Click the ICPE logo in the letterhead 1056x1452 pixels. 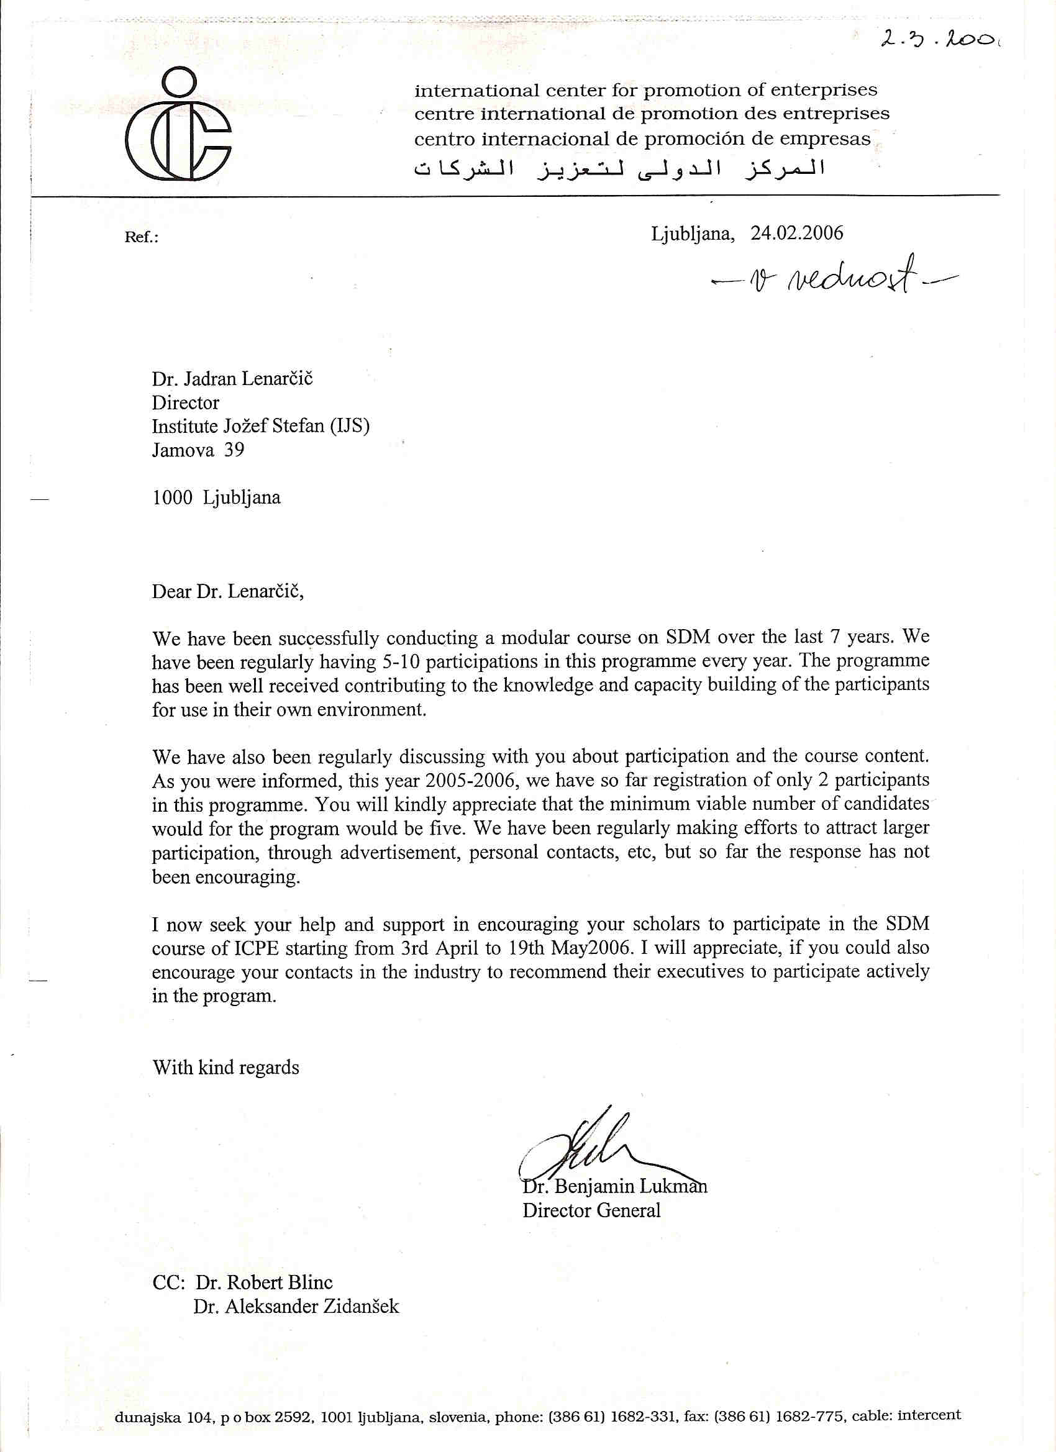(178, 125)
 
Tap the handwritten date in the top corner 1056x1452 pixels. (939, 39)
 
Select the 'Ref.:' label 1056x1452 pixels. (141, 237)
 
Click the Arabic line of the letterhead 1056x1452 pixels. (619, 168)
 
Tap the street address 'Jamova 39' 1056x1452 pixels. (198, 450)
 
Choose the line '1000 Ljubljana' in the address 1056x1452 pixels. (216, 497)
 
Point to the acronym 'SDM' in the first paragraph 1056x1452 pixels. (688, 637)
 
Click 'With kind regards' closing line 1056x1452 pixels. (225, 1067)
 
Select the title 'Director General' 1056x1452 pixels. (591, 1210)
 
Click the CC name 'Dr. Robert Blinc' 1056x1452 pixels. (264, 1282)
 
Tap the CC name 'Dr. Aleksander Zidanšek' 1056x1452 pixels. (296, 1306)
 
